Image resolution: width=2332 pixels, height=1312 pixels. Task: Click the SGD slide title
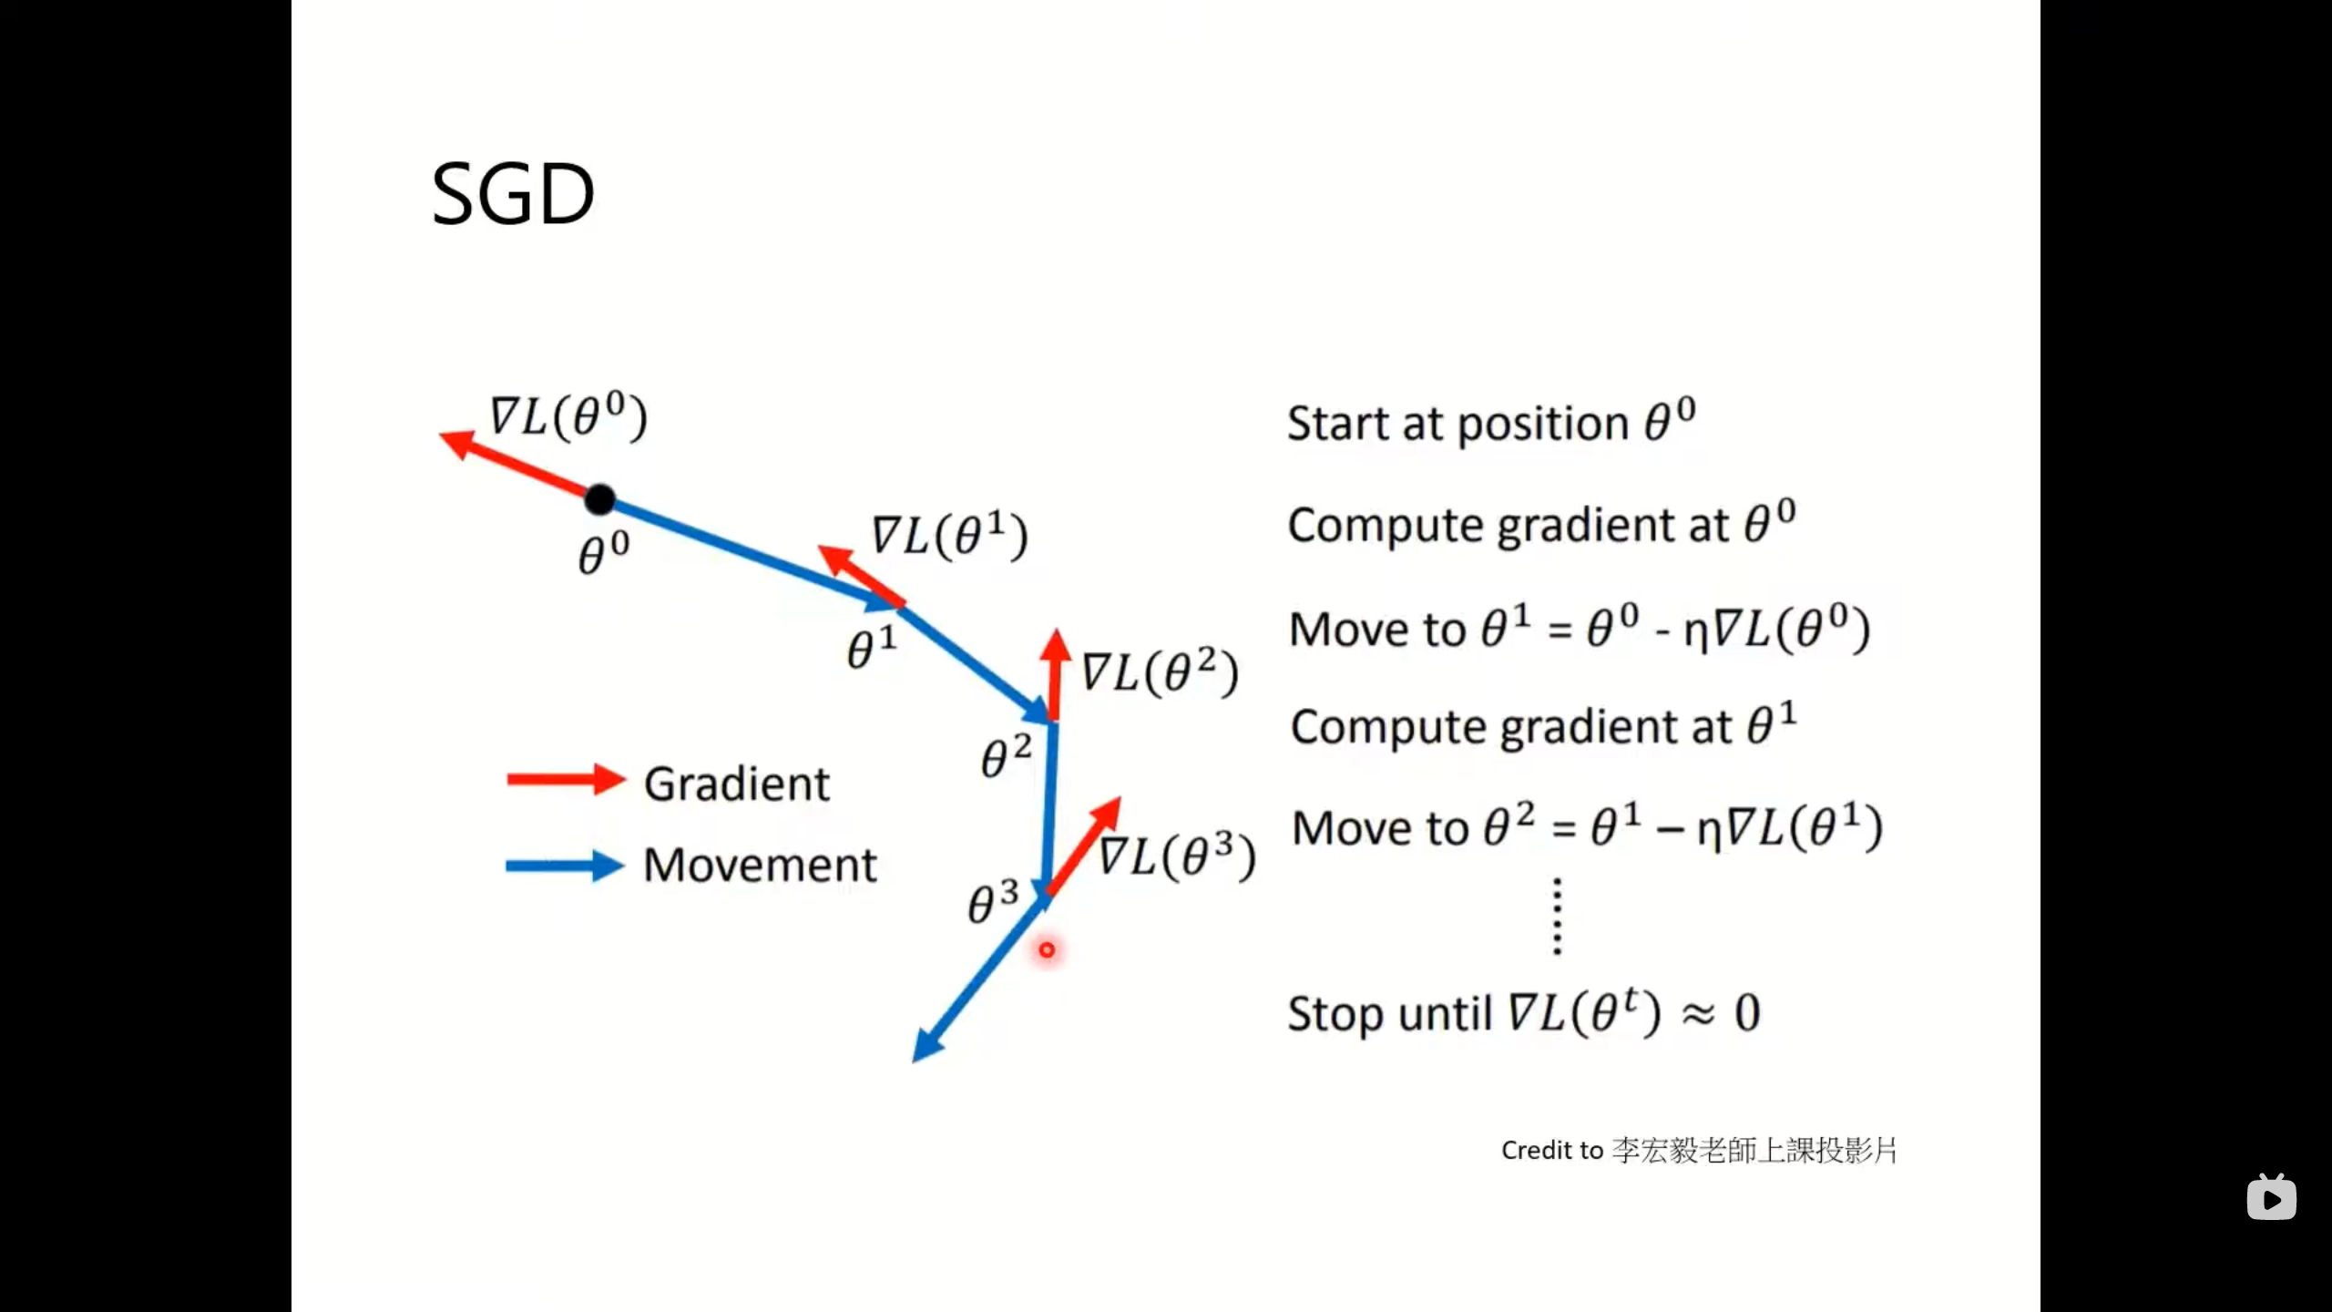513,194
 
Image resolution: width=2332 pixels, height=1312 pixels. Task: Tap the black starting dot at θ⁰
599,499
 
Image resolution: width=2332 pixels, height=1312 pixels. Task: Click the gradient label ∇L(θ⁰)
568,416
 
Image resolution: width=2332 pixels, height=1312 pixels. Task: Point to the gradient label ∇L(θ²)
1160,672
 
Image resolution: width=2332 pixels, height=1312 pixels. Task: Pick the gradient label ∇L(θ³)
1177,856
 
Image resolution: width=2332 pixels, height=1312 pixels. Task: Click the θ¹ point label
872,647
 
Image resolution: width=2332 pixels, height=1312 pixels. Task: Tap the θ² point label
1006,756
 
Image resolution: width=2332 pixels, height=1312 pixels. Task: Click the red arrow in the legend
566,780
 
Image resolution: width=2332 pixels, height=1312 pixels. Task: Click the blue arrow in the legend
565,866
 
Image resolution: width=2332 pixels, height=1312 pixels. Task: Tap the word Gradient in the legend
736,784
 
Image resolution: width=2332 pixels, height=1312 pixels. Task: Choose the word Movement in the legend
760,865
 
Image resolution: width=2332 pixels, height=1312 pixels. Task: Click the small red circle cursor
1047,950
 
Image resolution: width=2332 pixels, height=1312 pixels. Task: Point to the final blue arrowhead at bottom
925,1049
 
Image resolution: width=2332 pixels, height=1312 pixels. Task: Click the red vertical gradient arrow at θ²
1055,674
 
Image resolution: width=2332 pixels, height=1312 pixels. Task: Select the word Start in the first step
1337,424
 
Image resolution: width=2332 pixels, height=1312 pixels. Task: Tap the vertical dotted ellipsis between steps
1557,916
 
